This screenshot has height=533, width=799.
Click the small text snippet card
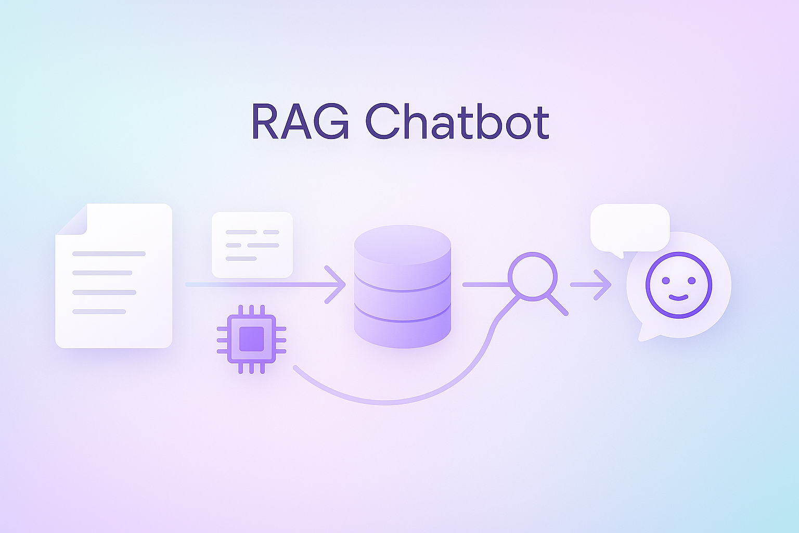click(252, 245)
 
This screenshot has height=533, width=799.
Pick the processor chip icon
click(252, 339)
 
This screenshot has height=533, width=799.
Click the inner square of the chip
click(252, 339)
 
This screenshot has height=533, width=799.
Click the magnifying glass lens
click(532, 276)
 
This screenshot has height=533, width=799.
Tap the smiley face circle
click(678, 285)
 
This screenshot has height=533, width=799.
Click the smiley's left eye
click(666, 281)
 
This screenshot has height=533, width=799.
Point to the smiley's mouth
click(678, 297)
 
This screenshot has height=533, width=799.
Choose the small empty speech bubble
click(629, 227)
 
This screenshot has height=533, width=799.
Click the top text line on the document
click(109, 254)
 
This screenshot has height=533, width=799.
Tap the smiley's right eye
click(691, 281)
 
